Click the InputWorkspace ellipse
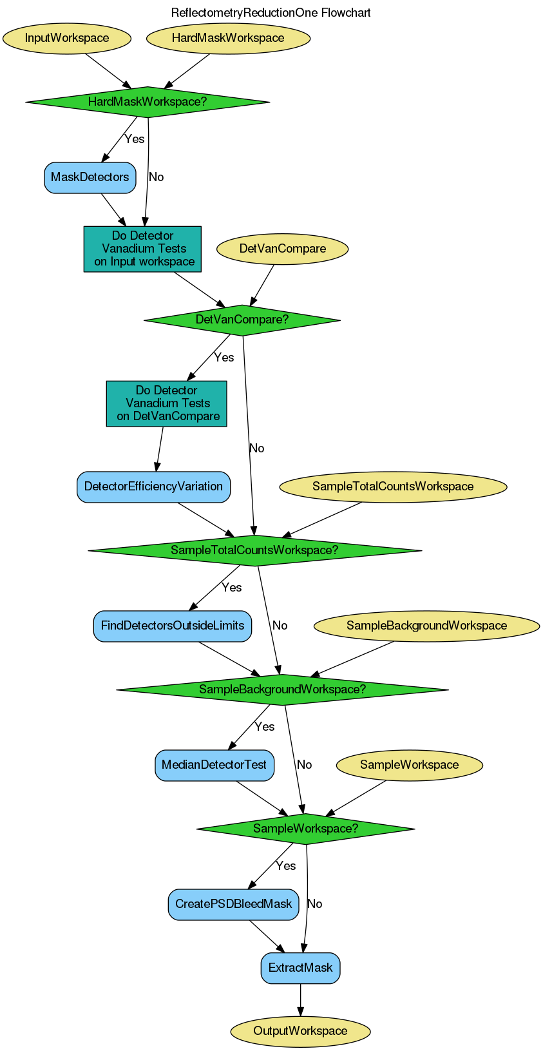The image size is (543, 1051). pos(67,38)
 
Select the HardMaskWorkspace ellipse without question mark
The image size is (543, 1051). pos(228,38)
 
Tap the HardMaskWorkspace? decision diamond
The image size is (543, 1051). pos(148,102)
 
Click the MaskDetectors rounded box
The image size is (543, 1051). pos(90,177)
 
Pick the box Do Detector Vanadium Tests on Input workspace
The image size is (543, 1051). pos(142,249)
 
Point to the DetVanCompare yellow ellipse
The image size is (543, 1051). pos(282,249)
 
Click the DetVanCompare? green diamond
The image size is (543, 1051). pos(242,320)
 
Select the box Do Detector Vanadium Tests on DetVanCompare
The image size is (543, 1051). pos(166,403)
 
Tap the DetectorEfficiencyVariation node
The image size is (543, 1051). pos(153,487)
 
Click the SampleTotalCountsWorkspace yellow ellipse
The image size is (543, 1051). pos(393,487)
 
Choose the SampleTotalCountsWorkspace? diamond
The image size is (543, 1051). pos(254,550)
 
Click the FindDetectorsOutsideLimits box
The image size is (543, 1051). pos(173,626)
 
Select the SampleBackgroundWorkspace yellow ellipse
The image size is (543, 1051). pos(426,626)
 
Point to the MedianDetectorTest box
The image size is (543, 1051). pos(214,765)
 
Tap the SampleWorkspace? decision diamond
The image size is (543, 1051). pos(305,829)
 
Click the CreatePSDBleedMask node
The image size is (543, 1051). pos(233,904)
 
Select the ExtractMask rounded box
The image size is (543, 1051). pos(300,968)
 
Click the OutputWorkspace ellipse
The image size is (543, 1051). pos(300,1031)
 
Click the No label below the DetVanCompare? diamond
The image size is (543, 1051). pos(256,448)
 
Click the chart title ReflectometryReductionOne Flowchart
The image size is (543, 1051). pos(271,13)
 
